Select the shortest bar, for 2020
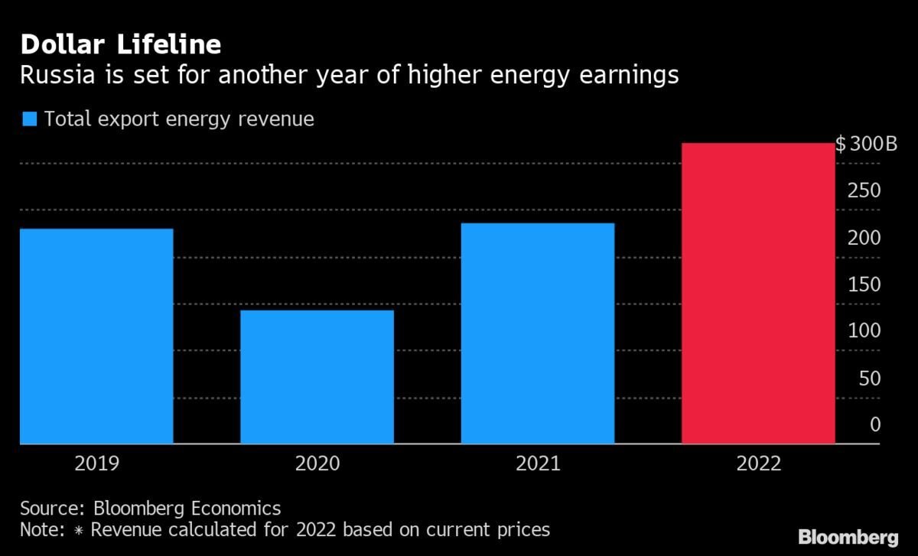[317, 376]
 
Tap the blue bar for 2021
[537, 333]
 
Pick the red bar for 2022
[757, 293]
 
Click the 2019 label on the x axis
[96, 464]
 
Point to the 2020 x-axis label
[317, 464]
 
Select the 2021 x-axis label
[537, 464]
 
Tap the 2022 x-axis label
[757, 464]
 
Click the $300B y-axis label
[865, 144]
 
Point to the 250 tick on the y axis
[864, 191]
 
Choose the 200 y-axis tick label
[864, 238]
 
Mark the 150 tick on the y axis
[864, 285]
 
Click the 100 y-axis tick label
[864, 331]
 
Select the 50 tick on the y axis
[869, 378]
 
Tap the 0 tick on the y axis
[875, 424]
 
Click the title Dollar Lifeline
[121, 45]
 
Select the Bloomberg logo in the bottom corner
[848, 536]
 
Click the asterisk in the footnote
[79, 529]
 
